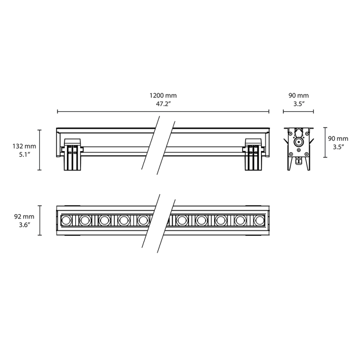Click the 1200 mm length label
(163, 95)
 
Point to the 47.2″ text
(163, 104)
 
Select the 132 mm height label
(24, 146)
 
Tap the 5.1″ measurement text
(24, 154)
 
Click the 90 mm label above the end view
(298, 95)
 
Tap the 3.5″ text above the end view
(298, 104)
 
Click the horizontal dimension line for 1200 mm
(112, 112)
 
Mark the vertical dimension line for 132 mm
(40, 150)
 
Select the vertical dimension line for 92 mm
(40, 220)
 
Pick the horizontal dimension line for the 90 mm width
(298, 112)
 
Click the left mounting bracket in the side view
(73, 155)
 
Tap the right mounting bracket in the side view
(253, 155)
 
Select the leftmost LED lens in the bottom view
(66, 220)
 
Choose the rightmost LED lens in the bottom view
(258, 220)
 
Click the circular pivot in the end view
(298, 141)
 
